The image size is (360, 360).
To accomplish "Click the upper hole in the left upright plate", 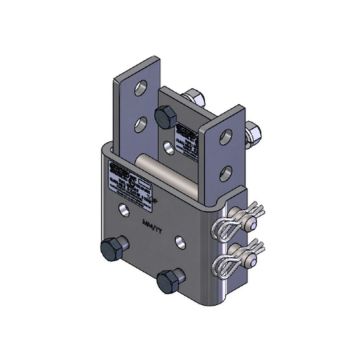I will pyautogui.click(x=141, y=92).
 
